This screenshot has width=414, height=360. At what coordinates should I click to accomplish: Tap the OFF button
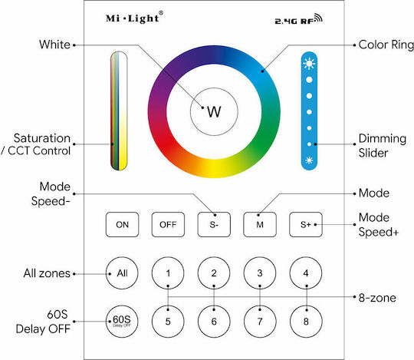(168, 224)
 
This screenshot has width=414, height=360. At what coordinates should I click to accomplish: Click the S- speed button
(214, 224)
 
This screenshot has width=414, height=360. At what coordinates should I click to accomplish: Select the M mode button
(260, 224)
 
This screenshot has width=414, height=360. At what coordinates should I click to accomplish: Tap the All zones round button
(122, 273)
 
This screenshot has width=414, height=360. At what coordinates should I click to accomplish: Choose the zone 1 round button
(168, 273)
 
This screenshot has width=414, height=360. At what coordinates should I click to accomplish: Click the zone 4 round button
(306, 273)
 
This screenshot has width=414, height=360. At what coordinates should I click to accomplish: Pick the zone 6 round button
(214, 322)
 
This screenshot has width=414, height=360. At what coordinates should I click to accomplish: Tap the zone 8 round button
(306, 322)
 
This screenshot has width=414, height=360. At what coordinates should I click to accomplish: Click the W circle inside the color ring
(214, 112)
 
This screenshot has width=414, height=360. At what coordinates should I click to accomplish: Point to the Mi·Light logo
(134, 18)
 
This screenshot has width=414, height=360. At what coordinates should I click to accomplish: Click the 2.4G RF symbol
(299, 19)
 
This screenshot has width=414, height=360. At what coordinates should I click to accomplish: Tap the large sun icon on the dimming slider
(309, 64)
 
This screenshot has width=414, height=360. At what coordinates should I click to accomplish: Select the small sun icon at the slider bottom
(309, 160)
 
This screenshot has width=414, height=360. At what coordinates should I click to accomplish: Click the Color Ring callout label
(386, 45)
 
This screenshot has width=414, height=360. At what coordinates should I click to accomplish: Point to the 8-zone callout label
(377, 298)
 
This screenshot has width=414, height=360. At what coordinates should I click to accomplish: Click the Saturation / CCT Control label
(36, 144)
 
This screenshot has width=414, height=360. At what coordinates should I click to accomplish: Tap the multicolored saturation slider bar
(119, 111)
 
